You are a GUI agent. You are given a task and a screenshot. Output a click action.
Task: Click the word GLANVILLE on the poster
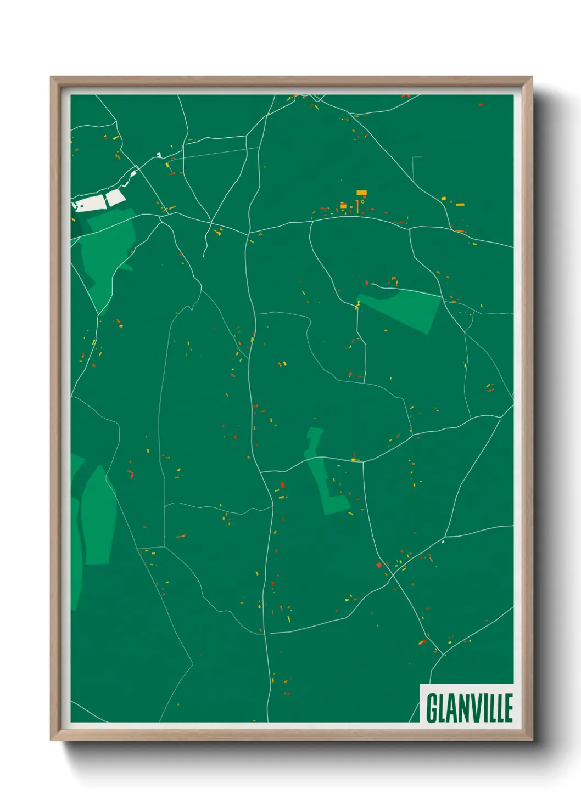coord(469,708)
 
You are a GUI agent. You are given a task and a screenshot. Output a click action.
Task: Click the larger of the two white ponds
coord(90,203)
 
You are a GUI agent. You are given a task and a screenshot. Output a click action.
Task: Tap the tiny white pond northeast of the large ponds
coord(159,155)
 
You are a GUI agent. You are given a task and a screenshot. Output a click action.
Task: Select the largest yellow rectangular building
coord(361,193)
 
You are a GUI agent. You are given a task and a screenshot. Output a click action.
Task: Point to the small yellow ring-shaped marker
coord(362,202)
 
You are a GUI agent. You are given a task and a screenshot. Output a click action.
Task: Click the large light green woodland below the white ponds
coord(110,247)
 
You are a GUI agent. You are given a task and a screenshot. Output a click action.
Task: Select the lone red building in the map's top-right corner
coord(481,104)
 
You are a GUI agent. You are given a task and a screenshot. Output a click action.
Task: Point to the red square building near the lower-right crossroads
coord(378,565)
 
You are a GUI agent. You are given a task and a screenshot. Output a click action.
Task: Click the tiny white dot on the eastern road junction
coord(443,542)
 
